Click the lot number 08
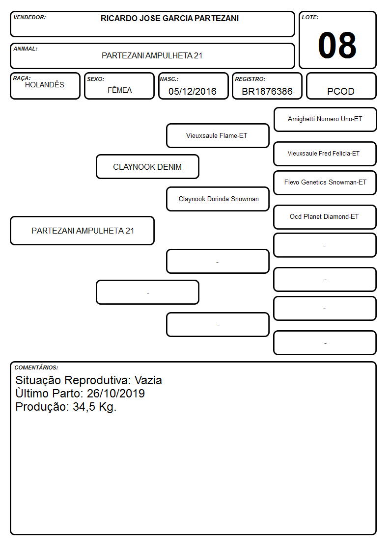point(337,45)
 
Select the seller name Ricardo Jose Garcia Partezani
point(169,18)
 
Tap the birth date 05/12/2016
point(193,91)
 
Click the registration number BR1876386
point(267,91)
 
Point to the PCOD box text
point(341,91)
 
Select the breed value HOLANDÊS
point(45,84)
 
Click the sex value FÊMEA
point(119,90)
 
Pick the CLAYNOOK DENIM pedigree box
point(147,166)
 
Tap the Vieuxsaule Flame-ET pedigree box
point(218,135)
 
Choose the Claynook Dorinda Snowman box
point(218,199)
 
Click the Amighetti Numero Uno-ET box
point(325,120)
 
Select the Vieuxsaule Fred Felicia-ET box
point(325,154)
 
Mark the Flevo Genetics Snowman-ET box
point(325,183)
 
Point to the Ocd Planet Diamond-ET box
point(325,217)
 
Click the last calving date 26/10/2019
point(116,393)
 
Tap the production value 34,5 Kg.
point(95,407)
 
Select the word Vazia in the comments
point(148,380)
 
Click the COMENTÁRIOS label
point(36,367)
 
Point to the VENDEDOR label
point(29,17)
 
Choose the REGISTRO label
point(250,79)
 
